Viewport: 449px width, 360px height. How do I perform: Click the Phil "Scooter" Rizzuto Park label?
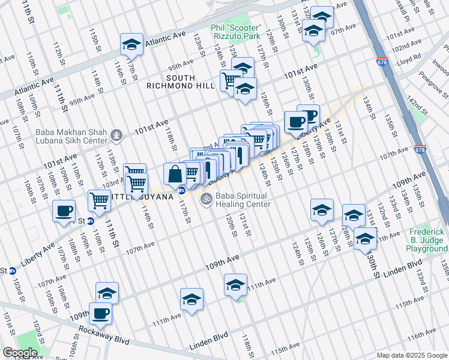pyautogui.click(x=236, y=32)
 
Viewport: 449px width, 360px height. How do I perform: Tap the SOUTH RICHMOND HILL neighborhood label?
pyautogui.click(x=172, y=82)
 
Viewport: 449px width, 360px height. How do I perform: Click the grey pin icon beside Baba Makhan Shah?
pyautogui.click(x=117, y=136)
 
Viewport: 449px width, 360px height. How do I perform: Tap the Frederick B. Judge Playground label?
pyautogui.click(x=427, y=239)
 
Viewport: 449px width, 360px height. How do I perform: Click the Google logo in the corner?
pyautogui.click(x=20, y=353)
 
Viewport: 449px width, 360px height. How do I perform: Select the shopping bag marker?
pyautogui.click(x=175, y=175)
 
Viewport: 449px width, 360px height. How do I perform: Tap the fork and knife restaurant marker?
pyautogui.click(x=239, y=155)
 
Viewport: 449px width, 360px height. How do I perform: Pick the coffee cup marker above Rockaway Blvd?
pyautogui.click(x=100, y=313)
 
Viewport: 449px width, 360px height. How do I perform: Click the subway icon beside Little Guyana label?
pyautogui.click(x=180, y=191)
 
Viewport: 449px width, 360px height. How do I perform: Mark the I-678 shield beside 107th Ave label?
pyautogui.click(x=418, y=149)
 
